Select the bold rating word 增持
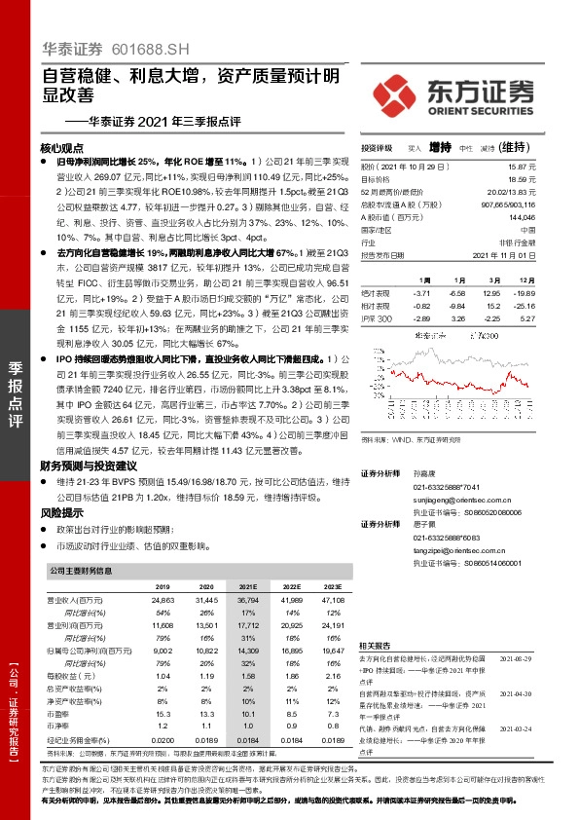[x=441, y=148]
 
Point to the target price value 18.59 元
[x=523, y=179]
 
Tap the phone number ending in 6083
[x=451, y=538]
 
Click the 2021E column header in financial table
[x=248, y=588]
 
